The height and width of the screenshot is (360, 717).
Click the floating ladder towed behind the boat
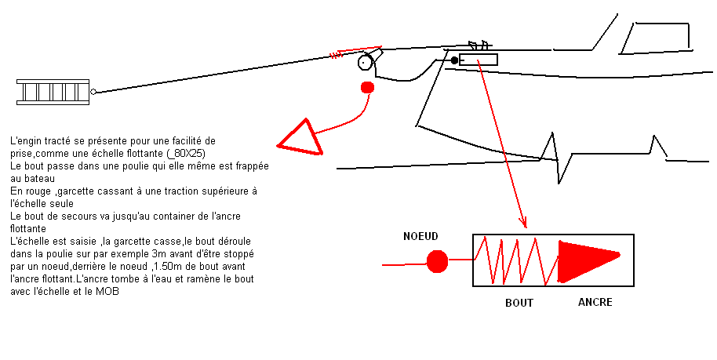[x=53, y=92]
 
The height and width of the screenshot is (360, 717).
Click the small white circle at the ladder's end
[x=93, y=92]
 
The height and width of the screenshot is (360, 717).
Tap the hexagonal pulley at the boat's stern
[x=365, y=63]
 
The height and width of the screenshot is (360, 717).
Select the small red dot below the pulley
[x=366, y=87]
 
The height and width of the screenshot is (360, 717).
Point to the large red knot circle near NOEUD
[x=437, y=261]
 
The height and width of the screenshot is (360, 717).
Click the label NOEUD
[x=420, y=236]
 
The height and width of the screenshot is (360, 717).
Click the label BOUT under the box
[x=519, y=302]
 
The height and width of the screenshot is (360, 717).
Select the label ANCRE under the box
[x=595, y=302]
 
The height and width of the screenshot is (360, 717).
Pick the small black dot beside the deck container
[x=453, y=60]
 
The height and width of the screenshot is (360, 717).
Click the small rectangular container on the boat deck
[x=478, y=59]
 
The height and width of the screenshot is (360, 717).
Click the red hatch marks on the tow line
[x=337, y=55]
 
